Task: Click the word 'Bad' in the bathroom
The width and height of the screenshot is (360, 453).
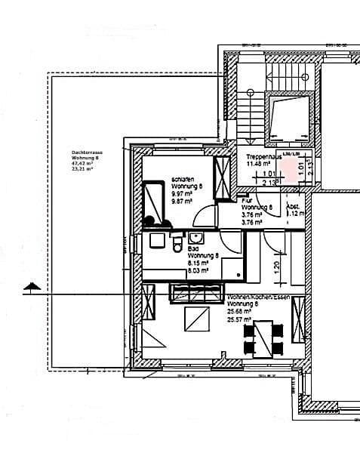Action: (x=192, y=248)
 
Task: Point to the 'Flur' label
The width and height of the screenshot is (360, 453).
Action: (x=247, y=201)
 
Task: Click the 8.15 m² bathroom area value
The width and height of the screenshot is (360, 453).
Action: (x=198, y=261)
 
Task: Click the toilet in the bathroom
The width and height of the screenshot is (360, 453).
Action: (x=177, y=247)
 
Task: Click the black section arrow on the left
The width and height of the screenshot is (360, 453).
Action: (x=30, y=286)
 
